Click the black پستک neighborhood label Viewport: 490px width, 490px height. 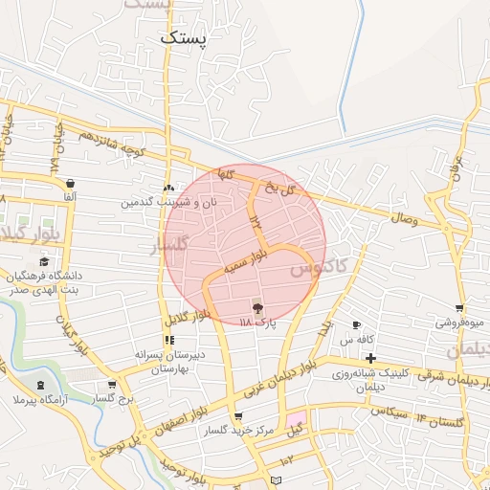pos(184,39)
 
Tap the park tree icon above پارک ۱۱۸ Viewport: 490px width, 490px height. pos(256,306)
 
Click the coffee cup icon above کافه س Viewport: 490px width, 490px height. pos(357,325)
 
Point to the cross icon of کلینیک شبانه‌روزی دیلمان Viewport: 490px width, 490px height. pos(370,358)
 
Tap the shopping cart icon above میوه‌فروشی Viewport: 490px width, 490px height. pos(459,308)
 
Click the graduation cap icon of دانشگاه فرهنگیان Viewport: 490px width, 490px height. pos(43,261)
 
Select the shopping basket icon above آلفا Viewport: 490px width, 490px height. pos(70,183)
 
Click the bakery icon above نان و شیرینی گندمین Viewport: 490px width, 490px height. pos(169,188)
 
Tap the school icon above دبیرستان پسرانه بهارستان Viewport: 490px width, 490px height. pos(169,340)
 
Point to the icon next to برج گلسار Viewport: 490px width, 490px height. pos(112,385)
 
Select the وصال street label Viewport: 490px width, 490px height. pos(403,219)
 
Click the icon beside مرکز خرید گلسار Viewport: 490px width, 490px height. pos(237,416)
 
